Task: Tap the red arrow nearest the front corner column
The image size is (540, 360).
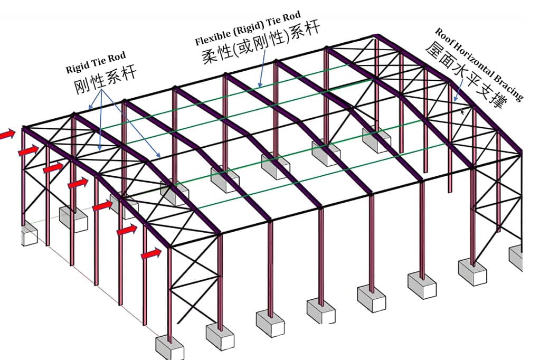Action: (151, 254)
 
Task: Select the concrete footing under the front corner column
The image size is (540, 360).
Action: (169, 348)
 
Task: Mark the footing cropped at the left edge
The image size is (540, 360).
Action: (29, 233)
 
